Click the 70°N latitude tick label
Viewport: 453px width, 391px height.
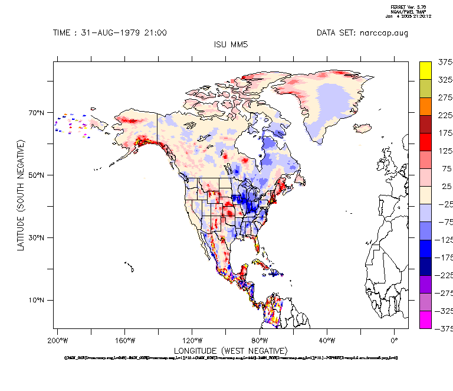(x=37, y=113)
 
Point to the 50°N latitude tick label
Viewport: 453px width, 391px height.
(x=37, y=175)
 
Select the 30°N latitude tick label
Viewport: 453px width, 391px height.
(x=37, y=238)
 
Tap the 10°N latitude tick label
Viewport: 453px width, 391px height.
(x=37, y=301)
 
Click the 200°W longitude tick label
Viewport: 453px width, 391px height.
(x=57, y=340)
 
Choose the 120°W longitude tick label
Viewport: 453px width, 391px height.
(x=192, y=340)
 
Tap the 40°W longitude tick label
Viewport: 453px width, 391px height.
(x=327, y=340)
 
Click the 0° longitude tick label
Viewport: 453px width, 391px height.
(x=395, y=340)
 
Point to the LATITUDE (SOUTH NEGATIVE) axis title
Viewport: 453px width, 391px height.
(x=21, y=195)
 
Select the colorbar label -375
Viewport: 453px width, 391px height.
(x=443, y=328)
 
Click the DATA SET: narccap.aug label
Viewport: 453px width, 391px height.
(x=362, y=32)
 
